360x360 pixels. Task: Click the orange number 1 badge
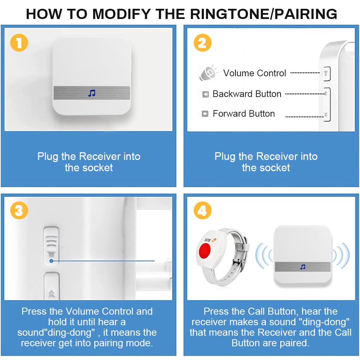point(19,43)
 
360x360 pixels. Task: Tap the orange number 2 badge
point(202,43)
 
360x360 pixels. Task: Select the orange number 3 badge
point(19,210)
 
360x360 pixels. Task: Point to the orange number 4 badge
point(202,210)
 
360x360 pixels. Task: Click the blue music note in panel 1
point(92,93)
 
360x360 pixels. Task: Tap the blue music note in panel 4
point(303,267)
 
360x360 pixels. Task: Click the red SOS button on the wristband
point(205,250)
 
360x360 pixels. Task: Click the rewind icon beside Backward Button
point(205,94)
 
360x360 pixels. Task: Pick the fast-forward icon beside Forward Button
point(205,114)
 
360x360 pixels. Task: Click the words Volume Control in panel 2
point(255,73)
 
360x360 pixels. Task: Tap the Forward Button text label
point(244,114)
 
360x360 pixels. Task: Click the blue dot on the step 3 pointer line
point(51,261)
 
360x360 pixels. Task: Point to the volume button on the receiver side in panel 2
point(327,73)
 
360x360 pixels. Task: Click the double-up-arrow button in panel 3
point(52,286)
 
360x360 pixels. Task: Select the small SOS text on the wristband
point(207,240)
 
